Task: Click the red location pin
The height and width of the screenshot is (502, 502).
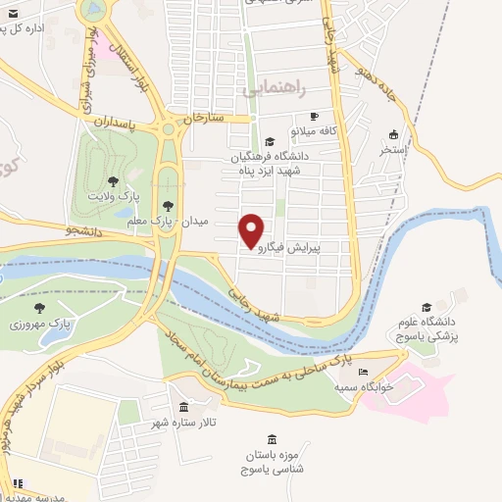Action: pyautogui.click(x=252, y=229)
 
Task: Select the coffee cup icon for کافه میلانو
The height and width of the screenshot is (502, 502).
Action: pyautogui.click(x=313, y=116)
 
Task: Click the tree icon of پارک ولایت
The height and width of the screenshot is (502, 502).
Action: pyautogui.click(x=113, y=181)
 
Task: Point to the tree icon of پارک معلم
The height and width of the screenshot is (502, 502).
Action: pyautogui.click(x=168, y=205)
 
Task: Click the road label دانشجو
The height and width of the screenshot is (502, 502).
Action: pyautogui.click(x=58, y=229)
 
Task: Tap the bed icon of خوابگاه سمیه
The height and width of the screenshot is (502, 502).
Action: pyautogui.click(x=364, y=373)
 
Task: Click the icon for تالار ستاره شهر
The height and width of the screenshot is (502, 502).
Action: pyautogui.click(x=183, y=407)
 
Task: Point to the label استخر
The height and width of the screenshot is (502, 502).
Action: pyautogui.click(x=393, y=152)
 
